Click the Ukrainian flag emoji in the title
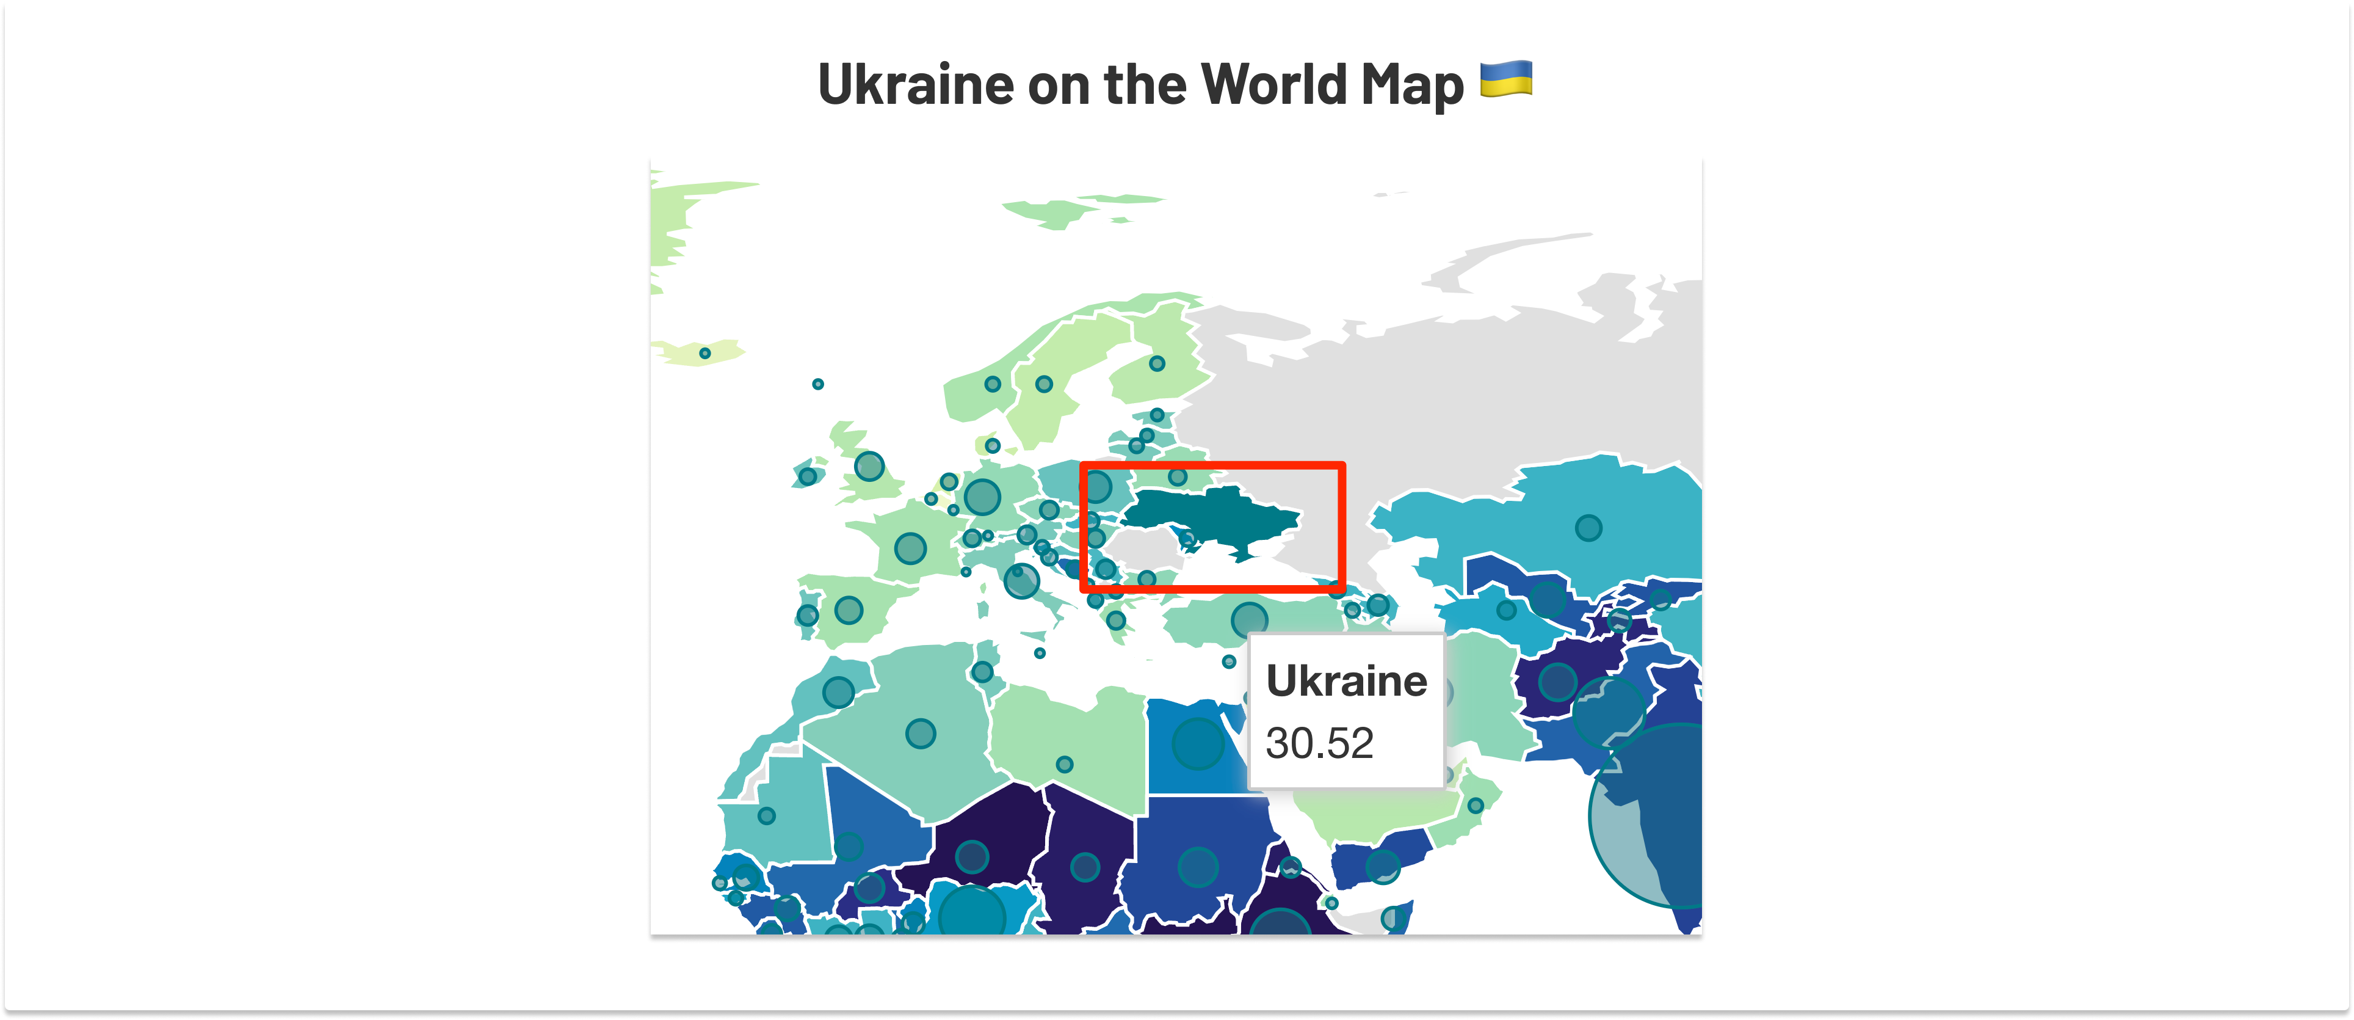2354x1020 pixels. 1505,79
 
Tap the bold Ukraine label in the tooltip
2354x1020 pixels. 1346,682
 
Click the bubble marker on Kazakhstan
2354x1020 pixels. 1588,527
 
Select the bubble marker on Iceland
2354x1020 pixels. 704,353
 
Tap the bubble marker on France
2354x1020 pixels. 910,548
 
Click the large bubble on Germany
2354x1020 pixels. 982,497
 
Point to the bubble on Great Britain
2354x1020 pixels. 869,466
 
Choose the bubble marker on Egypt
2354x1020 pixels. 1197,743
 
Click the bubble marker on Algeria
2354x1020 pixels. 920,733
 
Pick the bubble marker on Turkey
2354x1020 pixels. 1249,621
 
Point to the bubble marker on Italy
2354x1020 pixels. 1022,580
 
